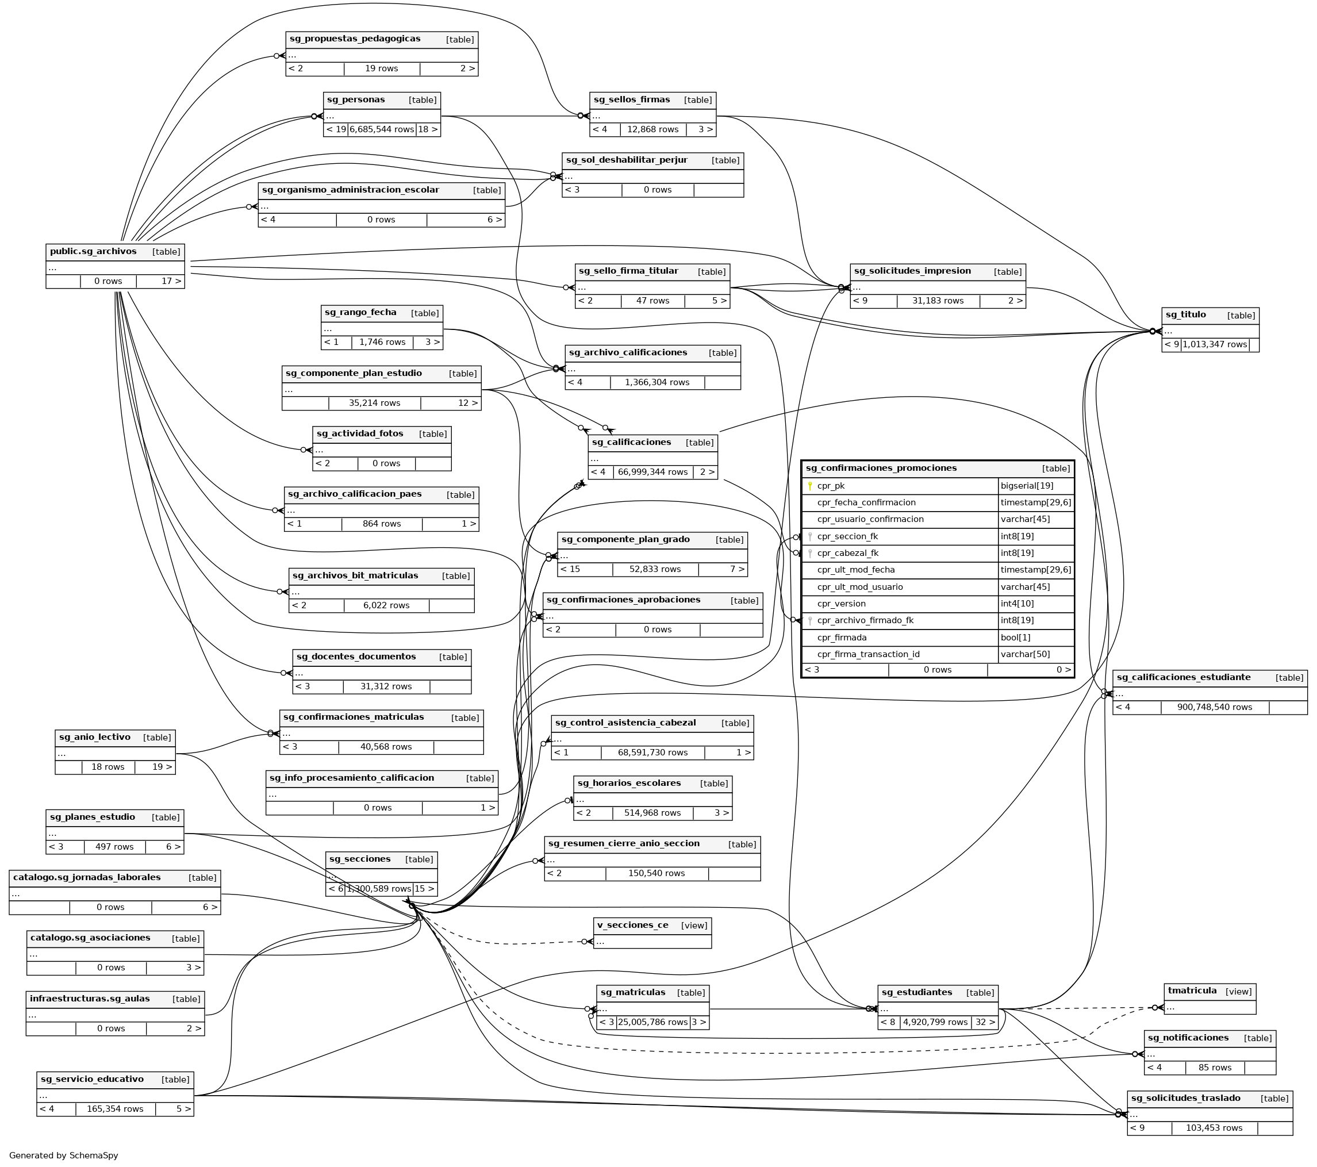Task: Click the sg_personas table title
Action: [x=356, y=100]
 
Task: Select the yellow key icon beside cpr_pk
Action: [x=810, y=486]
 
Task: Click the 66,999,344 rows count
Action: [x=652, y=473]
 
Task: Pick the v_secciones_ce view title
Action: [x=633, y=926]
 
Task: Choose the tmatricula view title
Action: [x=1192, y=991]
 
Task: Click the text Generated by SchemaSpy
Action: [x=64, y=1156]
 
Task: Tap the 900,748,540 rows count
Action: [x=1215, y=708]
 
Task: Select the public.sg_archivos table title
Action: [x=94, y=251]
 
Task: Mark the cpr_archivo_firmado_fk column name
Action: [x=865, y=620]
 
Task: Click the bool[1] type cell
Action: [x=1015, y=638]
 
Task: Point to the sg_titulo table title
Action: [x=1185, y=315]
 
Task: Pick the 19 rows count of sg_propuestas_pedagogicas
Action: [x=382, y=69]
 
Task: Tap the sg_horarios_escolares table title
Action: [x=629, y=784]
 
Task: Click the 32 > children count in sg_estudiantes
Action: [x=985, y=1022]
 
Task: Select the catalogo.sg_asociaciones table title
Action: [x=90, y=938]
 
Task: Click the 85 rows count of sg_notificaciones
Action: [x=1215, y=1068]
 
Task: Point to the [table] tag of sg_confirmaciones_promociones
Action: [x=1055, y=469]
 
